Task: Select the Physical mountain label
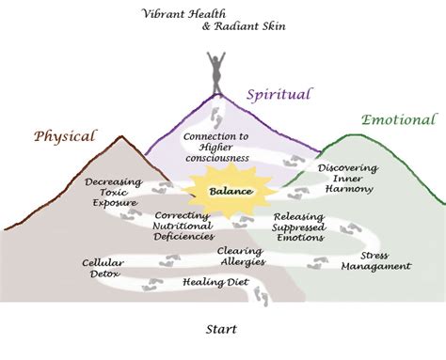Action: pyautogui.click(x=66, y=135)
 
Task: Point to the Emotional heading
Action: pyautogui.click(x=398, y=120)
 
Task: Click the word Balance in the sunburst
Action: pyautogui.click(x=230, y=191)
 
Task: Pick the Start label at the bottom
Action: pyautogui.click(x=220, y=330)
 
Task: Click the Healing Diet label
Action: pyautogui.click(x=215, y=282)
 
